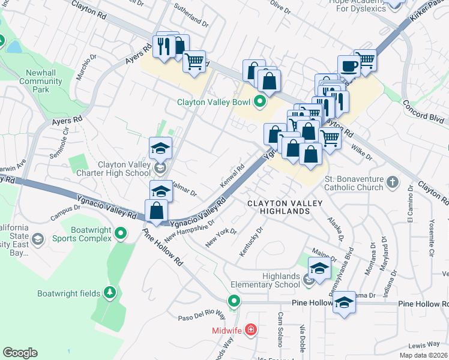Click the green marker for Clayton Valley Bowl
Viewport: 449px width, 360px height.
click(x=260, y=102)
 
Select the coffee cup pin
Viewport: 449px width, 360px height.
click(x=348, y=66)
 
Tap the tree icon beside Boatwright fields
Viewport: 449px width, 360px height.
click(x=110, y=293)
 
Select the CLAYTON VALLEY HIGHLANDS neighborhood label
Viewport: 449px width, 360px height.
click(x=285, y=208)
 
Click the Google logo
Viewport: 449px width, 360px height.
click(x=20, y=352)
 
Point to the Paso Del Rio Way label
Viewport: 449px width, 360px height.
click(x=200, y=316)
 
